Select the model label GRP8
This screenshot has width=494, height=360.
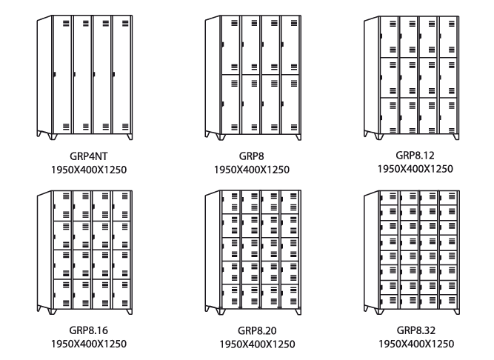click(251, 156)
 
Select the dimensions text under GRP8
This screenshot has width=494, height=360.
click(251, 170)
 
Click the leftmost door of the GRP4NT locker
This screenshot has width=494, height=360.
click(64, 74)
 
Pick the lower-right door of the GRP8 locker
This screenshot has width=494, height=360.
click(291, 104)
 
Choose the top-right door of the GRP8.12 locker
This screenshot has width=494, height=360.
click(449, 36)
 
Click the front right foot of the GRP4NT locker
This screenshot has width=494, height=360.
click(130, 138)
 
